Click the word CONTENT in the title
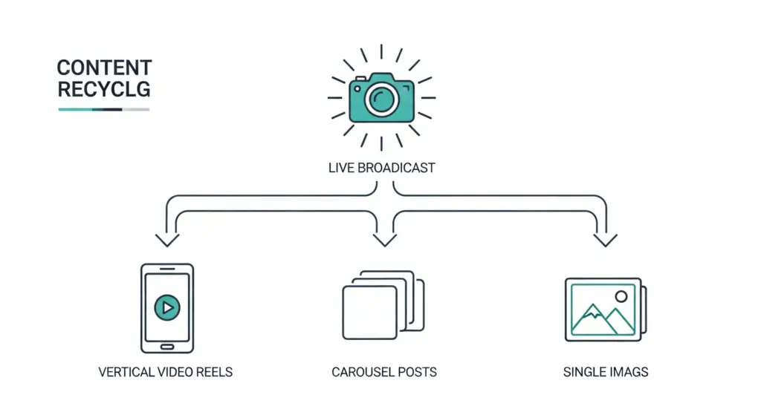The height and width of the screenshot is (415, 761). (104, 68)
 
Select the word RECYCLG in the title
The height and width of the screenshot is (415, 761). (104, 90)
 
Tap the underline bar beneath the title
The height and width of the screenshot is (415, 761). (104, 109)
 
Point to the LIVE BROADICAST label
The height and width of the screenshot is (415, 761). (381, 168)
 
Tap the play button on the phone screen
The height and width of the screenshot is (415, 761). (166, 306)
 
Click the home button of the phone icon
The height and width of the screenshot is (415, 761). (166, 346)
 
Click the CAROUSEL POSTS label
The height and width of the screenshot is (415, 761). (384, 371)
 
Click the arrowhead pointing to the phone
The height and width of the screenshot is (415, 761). (166, 240)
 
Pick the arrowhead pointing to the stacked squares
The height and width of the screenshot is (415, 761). (384, 240)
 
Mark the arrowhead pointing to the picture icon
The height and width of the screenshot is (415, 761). (606, 240)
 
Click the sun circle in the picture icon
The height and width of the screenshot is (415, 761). (621, 296)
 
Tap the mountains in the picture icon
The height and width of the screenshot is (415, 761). (600, 319)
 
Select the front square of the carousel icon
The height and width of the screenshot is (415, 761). (369, 313)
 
